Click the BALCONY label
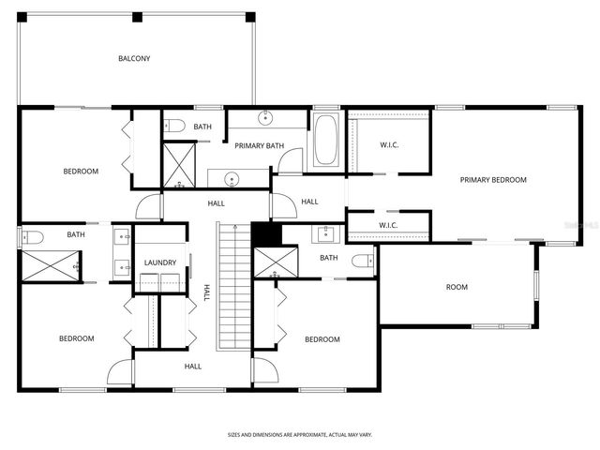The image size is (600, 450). [x=134, y=58]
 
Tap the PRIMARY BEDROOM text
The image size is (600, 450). [x=493, y=180]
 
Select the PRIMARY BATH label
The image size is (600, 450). [x=260, y=145]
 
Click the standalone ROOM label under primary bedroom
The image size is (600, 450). [x=457, y=287]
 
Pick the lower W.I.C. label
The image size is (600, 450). [x=389, y=226]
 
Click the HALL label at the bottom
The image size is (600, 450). [x=193, y=367]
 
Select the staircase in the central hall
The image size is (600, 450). [x=233, y=286]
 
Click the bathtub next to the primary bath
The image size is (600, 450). [x=326, y=141]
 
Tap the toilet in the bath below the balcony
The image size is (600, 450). [x=174, y=126]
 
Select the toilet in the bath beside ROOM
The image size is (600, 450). [x=362, y=261]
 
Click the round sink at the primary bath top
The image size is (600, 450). [x=266, y=117]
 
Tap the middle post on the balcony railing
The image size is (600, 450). [x=137, y=17]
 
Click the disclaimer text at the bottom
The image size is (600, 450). [x=299, y=434]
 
